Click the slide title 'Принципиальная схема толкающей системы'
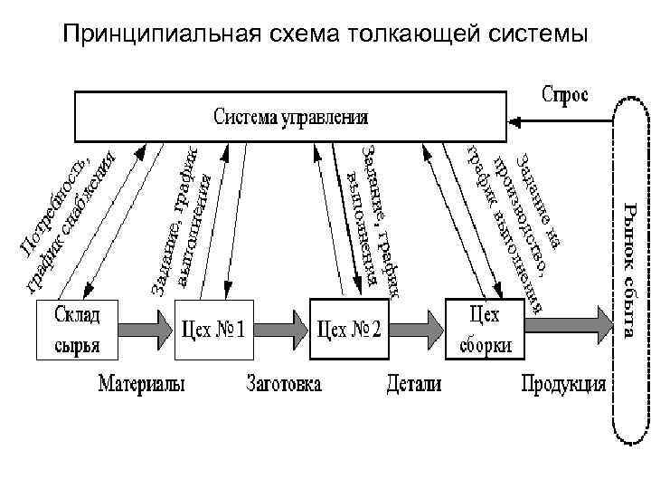coord(325,34)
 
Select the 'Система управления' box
coord(289,117)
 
